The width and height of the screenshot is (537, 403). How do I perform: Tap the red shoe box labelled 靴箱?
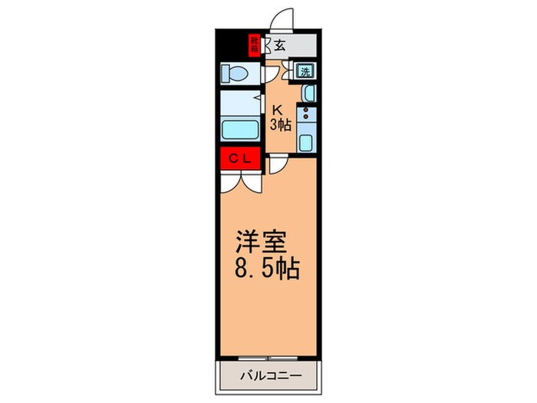(253, 45)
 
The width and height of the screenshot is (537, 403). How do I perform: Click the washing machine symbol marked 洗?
(305, 72)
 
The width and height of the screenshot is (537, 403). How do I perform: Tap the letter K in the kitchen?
(278, 109)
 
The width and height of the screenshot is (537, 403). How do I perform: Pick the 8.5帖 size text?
(267, 270)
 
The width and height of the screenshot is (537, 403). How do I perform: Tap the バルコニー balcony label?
(268, 377)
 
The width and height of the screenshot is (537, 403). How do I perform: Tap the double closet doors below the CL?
(239, 182)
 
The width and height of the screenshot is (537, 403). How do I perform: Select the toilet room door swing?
(272, 73)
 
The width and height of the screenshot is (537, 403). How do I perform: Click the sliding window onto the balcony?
(268, 358)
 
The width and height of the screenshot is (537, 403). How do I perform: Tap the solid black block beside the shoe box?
(231, 42)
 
